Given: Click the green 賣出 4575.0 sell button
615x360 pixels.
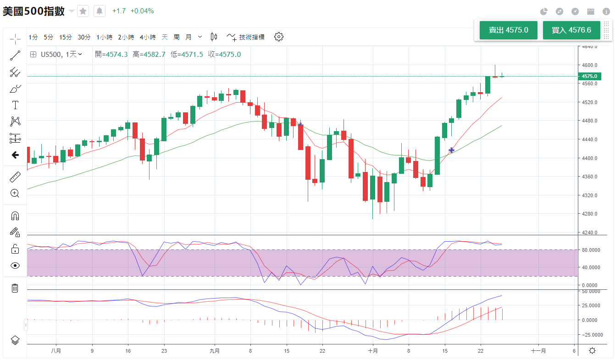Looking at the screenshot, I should pos(508,30).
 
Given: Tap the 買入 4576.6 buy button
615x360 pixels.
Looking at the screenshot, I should pos(571,30).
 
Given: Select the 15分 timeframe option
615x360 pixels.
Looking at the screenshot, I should pos(66,37).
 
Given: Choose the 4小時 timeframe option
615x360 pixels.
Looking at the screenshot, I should pos(148,37).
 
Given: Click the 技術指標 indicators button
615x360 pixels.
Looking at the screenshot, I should pos(246,37).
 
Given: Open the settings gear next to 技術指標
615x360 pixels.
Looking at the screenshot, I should pos(279,37).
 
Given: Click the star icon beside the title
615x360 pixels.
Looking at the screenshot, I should pos(83,11).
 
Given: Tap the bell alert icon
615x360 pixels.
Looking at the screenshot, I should pos(100,11).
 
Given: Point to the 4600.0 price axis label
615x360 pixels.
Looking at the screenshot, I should pos(589,65).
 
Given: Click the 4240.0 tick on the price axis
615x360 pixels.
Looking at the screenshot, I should pos(589,233).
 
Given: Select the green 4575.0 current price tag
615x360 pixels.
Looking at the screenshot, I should pos(589,76).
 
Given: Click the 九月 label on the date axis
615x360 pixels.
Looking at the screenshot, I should pos(214,350).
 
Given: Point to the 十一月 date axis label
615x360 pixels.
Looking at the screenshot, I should pos(538,350).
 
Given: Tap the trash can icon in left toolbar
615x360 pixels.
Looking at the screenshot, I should pos(15,288).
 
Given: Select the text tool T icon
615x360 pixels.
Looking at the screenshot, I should pos(15,105).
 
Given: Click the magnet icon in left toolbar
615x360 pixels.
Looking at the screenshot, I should pos(15,216).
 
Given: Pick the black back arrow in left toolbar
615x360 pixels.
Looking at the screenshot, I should pos(15,155).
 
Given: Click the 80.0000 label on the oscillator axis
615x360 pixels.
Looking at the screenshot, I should pos(592,250).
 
